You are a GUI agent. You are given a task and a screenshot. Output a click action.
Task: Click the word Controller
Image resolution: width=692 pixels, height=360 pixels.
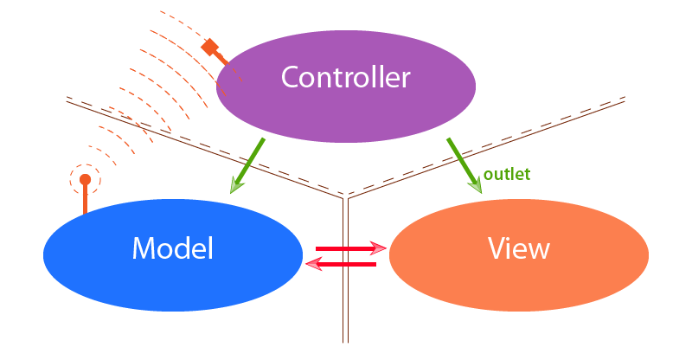(345, 78)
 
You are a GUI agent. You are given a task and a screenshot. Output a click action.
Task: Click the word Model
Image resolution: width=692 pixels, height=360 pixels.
(172, 248)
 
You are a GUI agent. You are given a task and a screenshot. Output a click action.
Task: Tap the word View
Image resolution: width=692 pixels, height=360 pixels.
(519, 248)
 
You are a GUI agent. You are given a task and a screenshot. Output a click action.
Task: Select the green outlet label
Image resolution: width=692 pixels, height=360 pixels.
(506, 173)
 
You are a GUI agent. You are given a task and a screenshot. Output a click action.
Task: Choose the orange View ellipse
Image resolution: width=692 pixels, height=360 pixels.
(588, 268)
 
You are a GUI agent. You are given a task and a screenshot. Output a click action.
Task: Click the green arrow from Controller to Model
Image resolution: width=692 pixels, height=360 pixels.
(249, 163)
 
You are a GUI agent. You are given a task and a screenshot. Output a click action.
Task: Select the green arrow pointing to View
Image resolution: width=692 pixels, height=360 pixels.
(461, 160)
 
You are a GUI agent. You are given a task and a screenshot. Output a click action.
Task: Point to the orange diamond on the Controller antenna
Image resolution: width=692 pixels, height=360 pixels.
(208, 47)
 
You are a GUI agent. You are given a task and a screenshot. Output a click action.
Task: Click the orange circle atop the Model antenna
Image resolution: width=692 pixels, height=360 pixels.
(85, 180)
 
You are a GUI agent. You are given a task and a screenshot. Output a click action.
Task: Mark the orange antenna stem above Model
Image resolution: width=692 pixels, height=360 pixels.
(85, 201)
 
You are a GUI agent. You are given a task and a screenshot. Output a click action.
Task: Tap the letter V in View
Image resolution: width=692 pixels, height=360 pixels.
(497, 248)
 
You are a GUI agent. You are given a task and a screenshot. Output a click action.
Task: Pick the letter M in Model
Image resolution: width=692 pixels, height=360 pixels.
(144, 248)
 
